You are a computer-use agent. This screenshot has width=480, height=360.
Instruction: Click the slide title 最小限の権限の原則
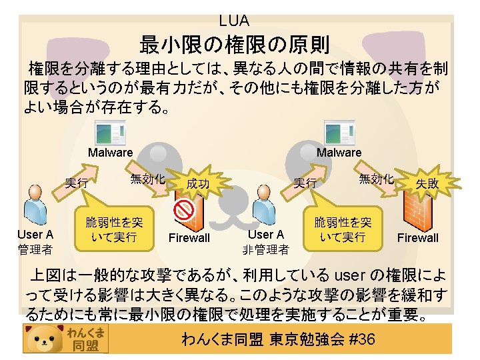coord(234,45)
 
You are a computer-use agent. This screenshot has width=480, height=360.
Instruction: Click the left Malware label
coord(111,153)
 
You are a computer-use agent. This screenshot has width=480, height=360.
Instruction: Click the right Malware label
coord(339,153)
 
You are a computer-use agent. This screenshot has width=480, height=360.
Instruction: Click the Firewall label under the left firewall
coord(189,238)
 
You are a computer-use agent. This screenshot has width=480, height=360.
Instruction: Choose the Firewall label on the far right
coord(418,238)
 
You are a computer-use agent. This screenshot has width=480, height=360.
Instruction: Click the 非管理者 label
coord(266,250)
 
